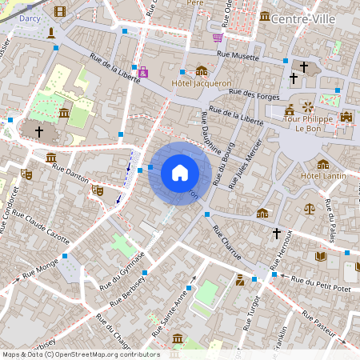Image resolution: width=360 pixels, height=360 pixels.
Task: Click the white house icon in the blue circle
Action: (180, 173)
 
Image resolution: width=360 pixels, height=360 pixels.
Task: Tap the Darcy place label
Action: (30, 17)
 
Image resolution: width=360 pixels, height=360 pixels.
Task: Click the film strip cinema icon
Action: (59, 11)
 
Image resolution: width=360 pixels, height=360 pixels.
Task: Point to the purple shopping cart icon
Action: (218, 37)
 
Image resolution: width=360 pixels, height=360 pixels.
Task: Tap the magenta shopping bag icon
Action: (143, 72)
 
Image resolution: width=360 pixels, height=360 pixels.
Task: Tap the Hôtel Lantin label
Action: (322, 175)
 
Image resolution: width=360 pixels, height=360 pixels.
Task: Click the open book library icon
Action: (321, 256)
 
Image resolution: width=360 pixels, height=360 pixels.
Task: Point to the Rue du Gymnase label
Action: (122, 269)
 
